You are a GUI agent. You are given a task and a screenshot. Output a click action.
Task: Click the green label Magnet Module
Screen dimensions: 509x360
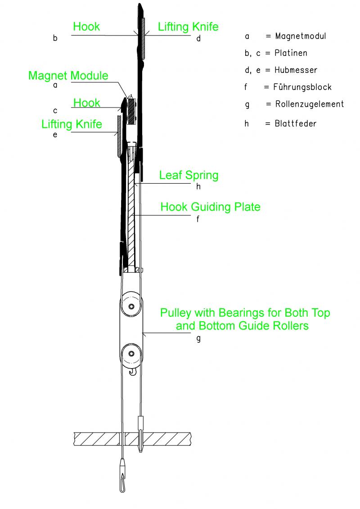pos(68,75)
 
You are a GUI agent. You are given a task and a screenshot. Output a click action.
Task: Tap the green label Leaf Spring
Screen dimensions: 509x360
pos(189,175)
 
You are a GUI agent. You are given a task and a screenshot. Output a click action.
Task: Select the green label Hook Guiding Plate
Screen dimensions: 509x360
pos(211,207)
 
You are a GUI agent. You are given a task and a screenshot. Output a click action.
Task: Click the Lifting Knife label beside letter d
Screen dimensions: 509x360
pos(188,27)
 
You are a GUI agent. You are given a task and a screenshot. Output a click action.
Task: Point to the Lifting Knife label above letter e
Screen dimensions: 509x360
pos(72,124)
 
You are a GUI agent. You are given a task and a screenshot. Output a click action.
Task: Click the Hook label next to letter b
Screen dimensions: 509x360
pos(86,27)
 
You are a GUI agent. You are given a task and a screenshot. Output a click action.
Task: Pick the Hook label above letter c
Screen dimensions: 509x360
pos(87,103)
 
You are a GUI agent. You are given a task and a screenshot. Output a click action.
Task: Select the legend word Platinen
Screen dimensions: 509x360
pos(291,53)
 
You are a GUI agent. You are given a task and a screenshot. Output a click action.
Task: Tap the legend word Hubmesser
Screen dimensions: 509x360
pos(296,70)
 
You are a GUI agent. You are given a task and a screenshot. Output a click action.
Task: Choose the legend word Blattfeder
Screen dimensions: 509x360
pos(296,123)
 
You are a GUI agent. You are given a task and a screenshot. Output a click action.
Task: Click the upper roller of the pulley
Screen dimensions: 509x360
pos(131,306)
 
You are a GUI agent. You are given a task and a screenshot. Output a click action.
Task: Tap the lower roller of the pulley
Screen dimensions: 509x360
pos(131,353)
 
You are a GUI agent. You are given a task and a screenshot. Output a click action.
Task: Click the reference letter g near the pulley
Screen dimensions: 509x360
pos(198,338)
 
